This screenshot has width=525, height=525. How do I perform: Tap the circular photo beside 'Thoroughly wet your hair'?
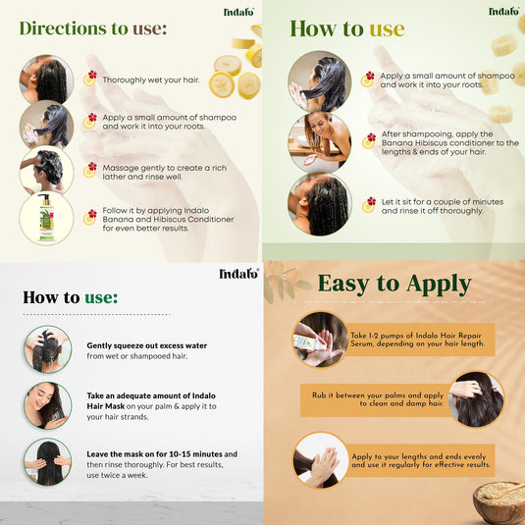[x=46, y=79]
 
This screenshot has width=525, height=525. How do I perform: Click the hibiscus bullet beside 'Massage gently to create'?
[x=91, y=169]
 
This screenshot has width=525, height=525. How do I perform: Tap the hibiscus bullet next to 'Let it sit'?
[x=368, y=204]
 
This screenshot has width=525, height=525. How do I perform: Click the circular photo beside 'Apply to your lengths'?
[x=321, y=460]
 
